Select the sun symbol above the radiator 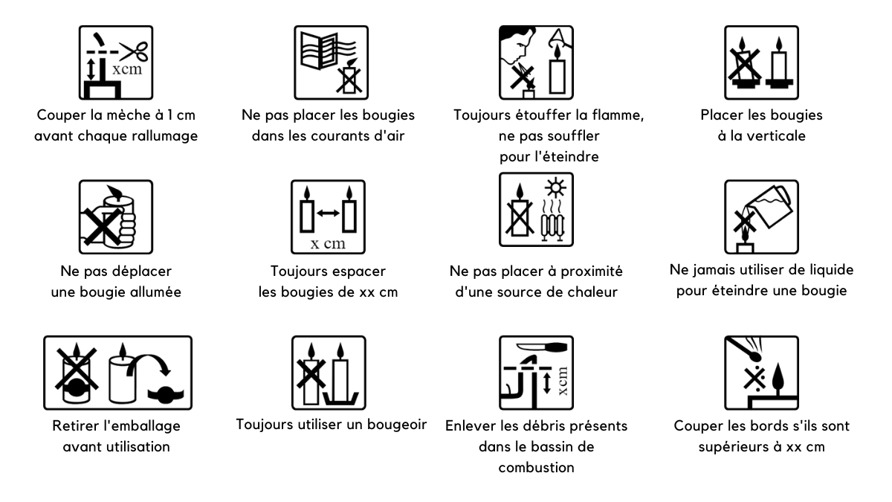coord(555,188)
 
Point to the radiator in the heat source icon coord(552,227)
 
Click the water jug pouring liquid coord(768,206)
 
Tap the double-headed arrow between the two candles coord(328,213)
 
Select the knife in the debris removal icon coord(542,347)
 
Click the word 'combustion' coord(536,467)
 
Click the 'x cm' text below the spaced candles coord(328,243)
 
